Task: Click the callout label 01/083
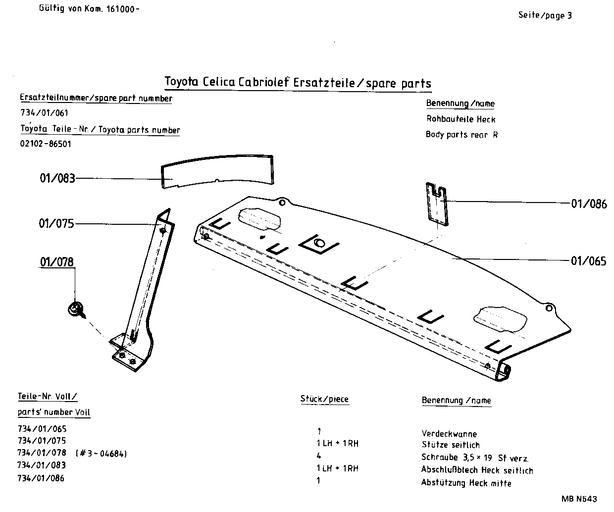coord(57,178)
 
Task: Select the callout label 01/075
coord(56,223)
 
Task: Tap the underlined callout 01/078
coord(57,261)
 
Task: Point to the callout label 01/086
coord(589,204)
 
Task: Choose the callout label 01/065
coord(588,261)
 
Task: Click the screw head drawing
coord(76,309)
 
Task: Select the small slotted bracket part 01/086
coord(437,204)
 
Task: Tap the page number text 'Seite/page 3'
coord(545,15)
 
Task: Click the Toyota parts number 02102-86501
coord(45,144)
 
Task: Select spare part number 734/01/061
coord(44,113)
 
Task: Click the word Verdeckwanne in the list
coord(449,434)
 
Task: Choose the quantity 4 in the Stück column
coord(318,456)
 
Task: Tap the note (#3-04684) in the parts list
coord(102,453)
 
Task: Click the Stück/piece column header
coord(324,399)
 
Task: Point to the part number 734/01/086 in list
coord(41,478)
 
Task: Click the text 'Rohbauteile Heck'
coord(460,119)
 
